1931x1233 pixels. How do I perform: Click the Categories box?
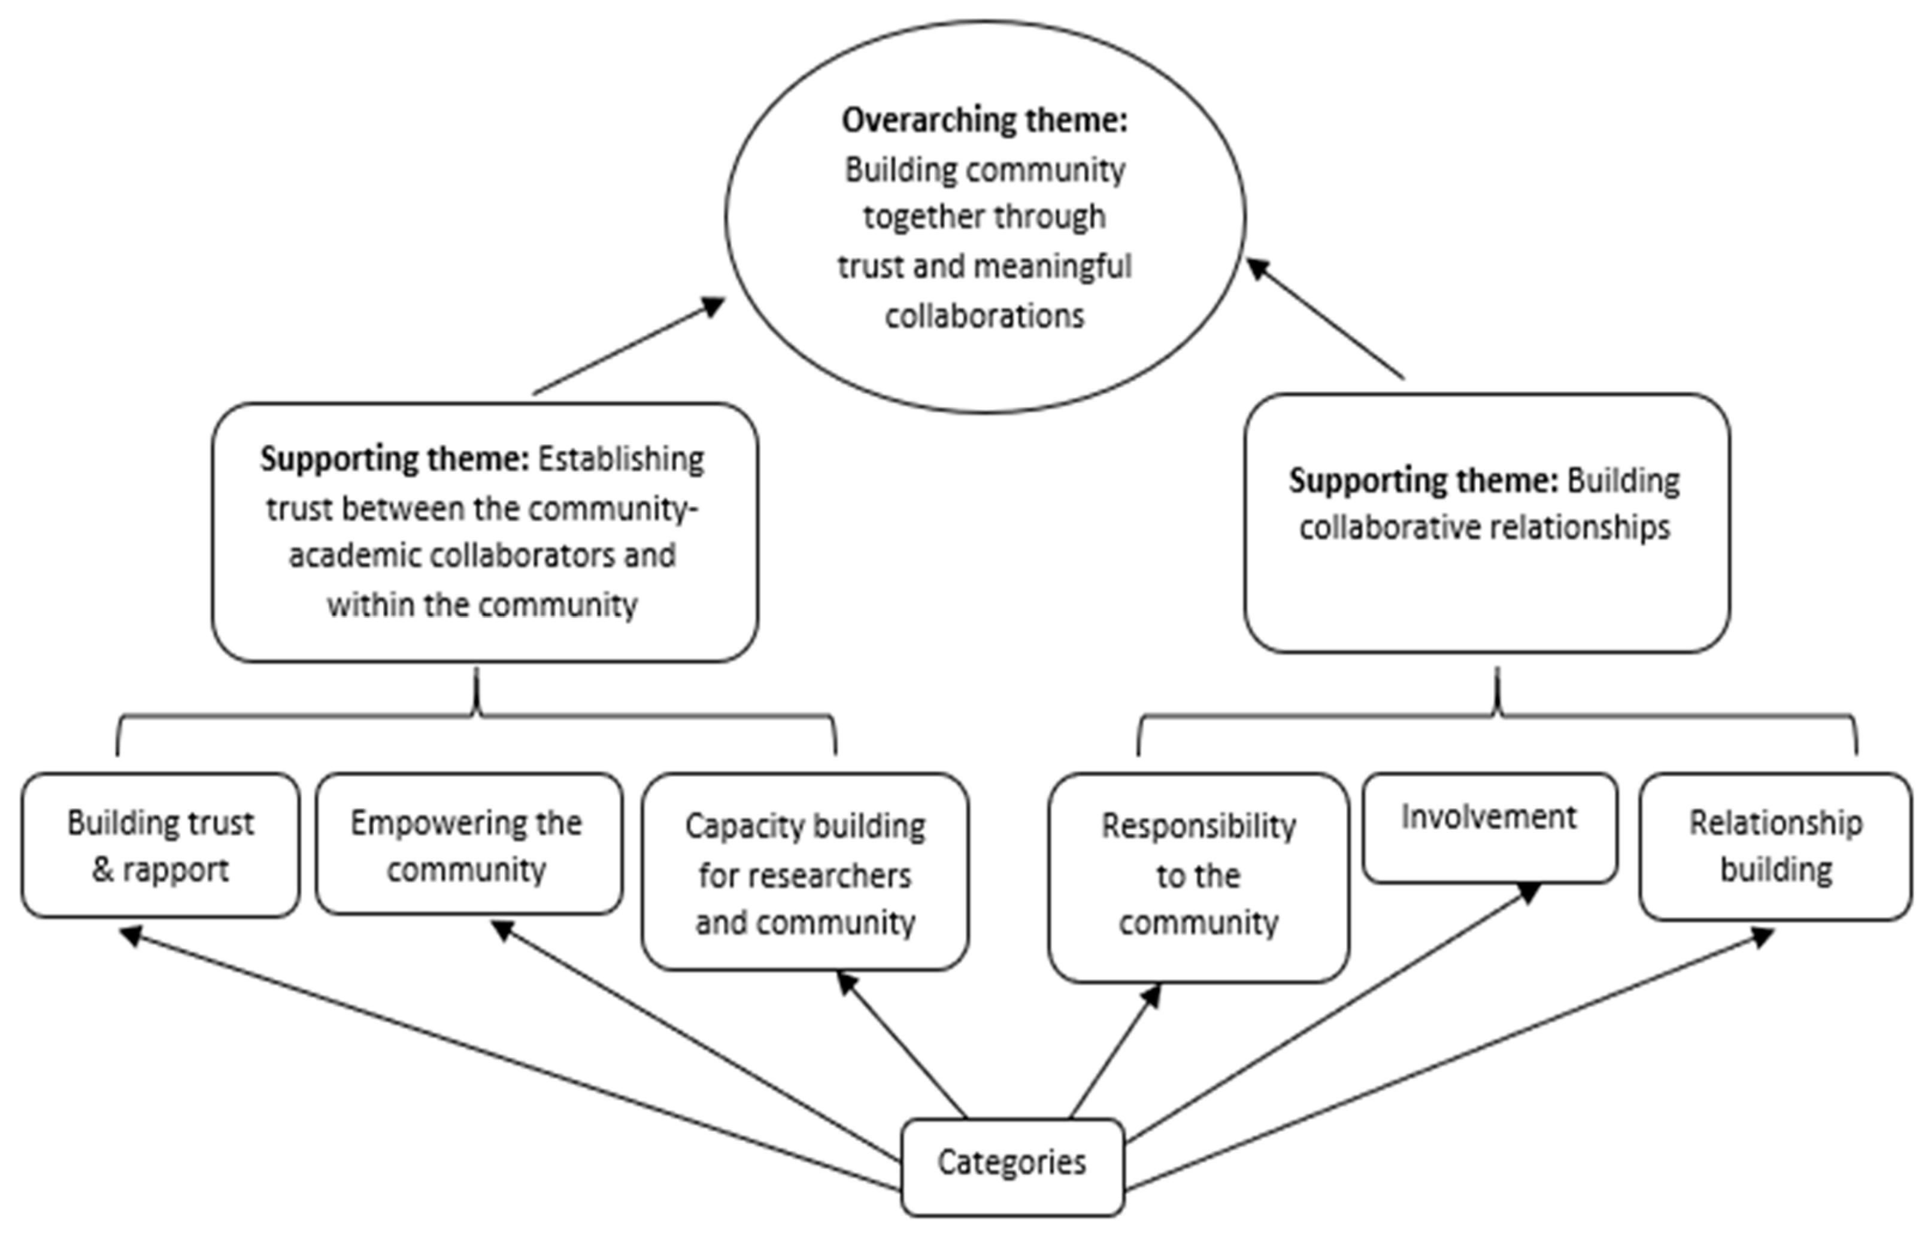[1012, 1167]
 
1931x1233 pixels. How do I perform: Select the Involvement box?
[1490, 828]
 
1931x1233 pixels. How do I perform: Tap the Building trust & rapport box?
[160, 845]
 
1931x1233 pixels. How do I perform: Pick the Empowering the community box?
[468, 843]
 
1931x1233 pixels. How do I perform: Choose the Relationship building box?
[1775, 846]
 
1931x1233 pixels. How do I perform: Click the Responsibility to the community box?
[1198, 877]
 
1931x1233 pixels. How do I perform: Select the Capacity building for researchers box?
[805, 871]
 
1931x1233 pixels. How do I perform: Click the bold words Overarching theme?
[985, 120]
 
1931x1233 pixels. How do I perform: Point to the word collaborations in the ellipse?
[985, 316]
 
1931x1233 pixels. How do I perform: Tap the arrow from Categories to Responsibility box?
[1115, 1051]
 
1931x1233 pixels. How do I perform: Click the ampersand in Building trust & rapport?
[102, 871]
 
